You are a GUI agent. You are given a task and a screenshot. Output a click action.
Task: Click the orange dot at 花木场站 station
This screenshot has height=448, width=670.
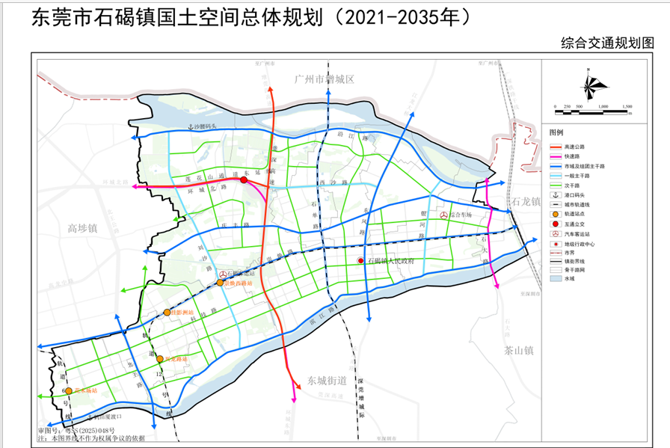coord(69,391)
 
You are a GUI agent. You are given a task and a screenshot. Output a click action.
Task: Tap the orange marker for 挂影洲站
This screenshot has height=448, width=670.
coord(167,312)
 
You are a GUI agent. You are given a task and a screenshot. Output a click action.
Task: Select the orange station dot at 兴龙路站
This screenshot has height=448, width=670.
coord(160,359)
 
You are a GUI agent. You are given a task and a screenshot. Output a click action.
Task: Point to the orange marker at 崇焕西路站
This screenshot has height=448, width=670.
coord(220,283)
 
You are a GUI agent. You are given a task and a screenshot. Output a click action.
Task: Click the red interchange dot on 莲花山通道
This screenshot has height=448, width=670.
coord(244,180)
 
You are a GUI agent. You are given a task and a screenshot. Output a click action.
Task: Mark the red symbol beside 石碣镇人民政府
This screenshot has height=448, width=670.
coord(360,261)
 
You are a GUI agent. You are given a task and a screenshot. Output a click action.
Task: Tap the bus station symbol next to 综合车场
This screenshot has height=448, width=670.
coord(444,215)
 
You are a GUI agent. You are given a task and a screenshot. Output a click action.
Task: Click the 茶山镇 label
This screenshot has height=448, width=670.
coord(517,349)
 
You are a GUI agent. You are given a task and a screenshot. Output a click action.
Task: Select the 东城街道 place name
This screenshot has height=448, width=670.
coord(324,380)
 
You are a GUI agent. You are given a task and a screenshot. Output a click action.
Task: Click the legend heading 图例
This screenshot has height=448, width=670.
coord(556,131)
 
